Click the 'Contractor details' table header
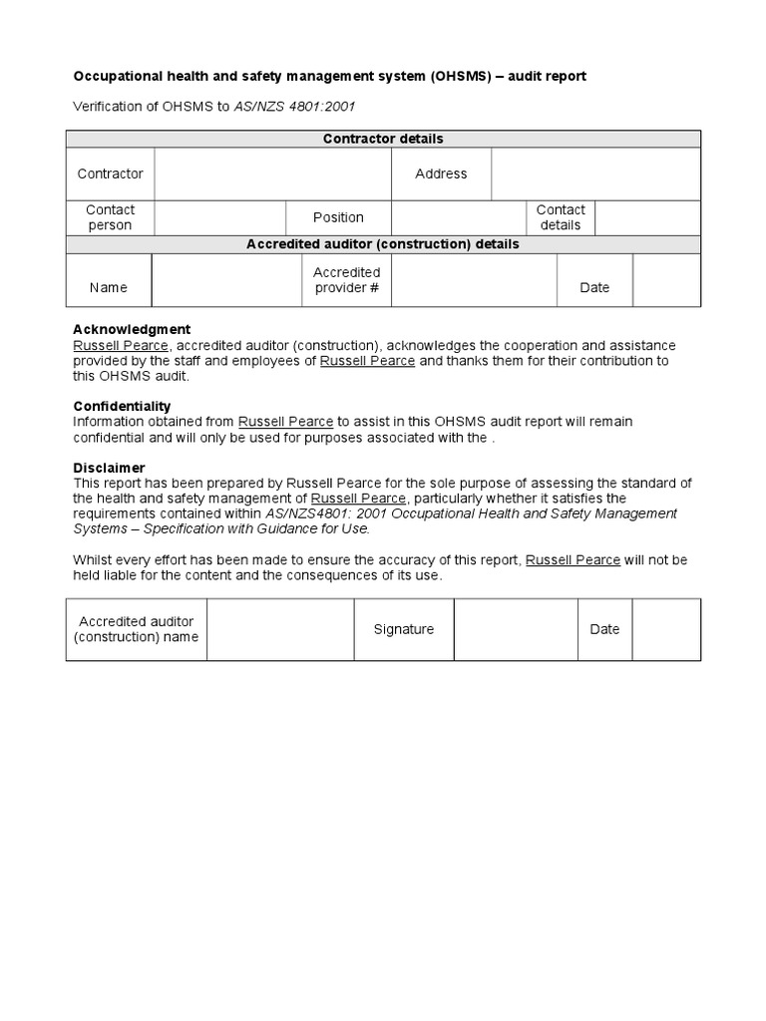coord(383,140)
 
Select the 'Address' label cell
coord(441,173)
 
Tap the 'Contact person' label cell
coord(110,217)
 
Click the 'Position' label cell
coord(338,217)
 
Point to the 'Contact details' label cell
coord(561,217)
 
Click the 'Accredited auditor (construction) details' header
coord(383,244)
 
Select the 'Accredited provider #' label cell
coord(346,280)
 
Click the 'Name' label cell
coord(109,287)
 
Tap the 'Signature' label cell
coord(404,629)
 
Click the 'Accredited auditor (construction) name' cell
coord(137,629)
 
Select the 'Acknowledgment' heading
coord(132,330)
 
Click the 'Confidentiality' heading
coord(122,407)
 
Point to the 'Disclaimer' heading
coord(109,468)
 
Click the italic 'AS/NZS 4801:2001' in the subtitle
coord(294,107)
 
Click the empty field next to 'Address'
coord(595,173)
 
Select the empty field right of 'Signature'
coord(515,629)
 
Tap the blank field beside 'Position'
coord(458,217)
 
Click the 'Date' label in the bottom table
coord(604,629)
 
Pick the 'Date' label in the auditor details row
coord(594,287)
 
